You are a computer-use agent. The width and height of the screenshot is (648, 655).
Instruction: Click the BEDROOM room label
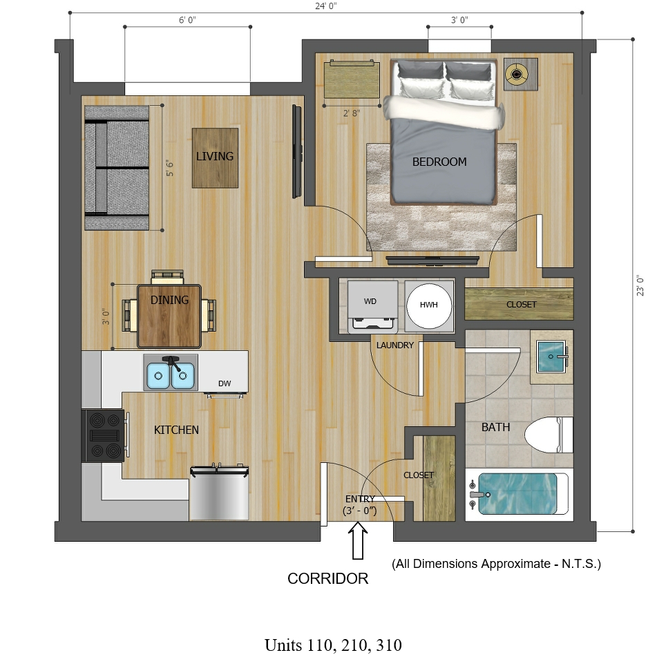(439, 162)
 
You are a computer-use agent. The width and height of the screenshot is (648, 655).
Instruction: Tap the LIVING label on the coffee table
(215, 156)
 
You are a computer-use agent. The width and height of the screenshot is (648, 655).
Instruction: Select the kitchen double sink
(171, 373)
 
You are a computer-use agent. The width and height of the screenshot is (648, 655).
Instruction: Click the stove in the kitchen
(104, 435)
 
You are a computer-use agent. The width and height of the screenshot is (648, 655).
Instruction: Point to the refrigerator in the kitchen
(220, 492)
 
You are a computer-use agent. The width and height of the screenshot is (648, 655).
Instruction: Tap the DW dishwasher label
(225, 383)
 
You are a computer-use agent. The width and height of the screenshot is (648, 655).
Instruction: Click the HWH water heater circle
(429, 305)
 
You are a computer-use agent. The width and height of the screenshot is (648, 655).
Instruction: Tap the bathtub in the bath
(520, 494)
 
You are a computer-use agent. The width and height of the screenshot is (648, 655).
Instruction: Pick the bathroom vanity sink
(551, 357)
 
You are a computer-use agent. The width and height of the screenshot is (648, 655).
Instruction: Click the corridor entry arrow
(358, 540)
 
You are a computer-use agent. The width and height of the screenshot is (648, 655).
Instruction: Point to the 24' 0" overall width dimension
(326, 6)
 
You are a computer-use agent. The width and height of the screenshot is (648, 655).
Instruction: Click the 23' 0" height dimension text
(640, 285)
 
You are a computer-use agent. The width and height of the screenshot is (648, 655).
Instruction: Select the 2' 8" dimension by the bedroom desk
(352, 113)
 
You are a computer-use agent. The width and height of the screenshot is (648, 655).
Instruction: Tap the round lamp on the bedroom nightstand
(517, 75)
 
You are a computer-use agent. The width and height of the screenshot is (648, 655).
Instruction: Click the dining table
(169, 316)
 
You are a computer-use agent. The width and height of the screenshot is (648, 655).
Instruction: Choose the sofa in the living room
(117, 168)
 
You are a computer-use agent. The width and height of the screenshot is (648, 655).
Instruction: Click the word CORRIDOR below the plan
(328, 578)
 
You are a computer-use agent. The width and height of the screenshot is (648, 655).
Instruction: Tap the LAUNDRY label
(395, 345)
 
